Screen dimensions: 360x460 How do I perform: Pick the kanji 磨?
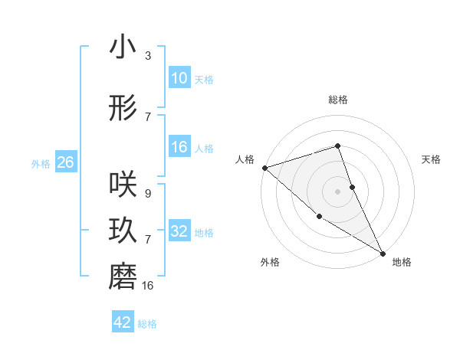pyautogui.click(x=123, y=277)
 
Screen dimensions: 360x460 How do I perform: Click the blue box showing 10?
pyautogui.click(x=179, y=79)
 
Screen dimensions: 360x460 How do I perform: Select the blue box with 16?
pyautogui.click(x=179, y=148)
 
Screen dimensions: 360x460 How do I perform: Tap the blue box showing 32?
pyautogui.click(x=179, y=232)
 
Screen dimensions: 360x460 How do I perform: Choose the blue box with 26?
pyautogui.click(x=65, y=163)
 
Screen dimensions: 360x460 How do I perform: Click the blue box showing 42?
pyautogui.click(x=123, y=323)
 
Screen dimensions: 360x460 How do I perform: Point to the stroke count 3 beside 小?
pyautogui.click(x=148, y=56)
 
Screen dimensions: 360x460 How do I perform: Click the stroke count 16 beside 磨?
pyautogui.click(x=148, y=286)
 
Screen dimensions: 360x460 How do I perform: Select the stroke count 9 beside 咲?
pyautogui.click(x=147, y=195)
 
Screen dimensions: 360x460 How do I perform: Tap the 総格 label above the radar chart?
pyautogui.click(x=338, y=100)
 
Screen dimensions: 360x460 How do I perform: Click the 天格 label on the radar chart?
pyautogui.click(x=431, y=159)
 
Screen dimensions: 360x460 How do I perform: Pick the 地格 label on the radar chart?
pyautogui.click(x=402, y=262)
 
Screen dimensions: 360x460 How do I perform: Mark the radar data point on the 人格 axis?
pyautogui.click(x=264, y=167)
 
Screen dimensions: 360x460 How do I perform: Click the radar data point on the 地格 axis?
pyautogui.click(x=382, y=253)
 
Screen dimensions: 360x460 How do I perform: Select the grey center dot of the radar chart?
pyautogui.click(x=338, y=191)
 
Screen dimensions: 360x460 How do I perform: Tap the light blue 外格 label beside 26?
pyautogui.click(x=41, y=164)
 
